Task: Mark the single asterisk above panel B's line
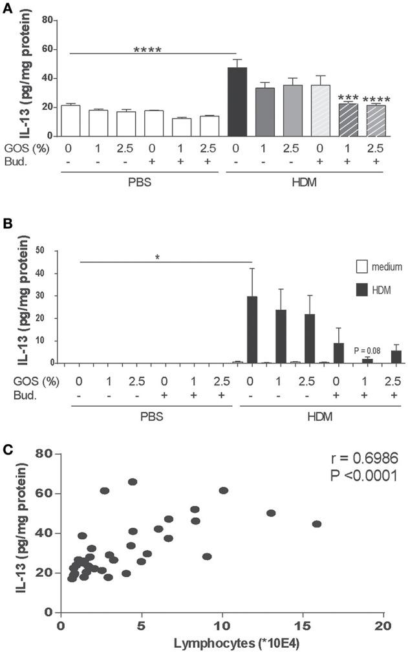158,257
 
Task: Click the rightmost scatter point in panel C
316,524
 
